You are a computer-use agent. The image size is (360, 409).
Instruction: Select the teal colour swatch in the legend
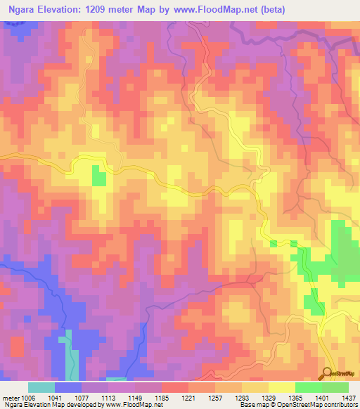coord(41,387)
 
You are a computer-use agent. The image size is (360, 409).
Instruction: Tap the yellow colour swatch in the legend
coord(281,387)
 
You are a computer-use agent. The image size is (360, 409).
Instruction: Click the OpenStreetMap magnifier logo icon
coord(327,372)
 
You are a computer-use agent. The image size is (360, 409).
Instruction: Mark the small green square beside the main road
coord(99,178)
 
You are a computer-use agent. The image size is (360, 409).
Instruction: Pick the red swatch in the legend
coord(174,387)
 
